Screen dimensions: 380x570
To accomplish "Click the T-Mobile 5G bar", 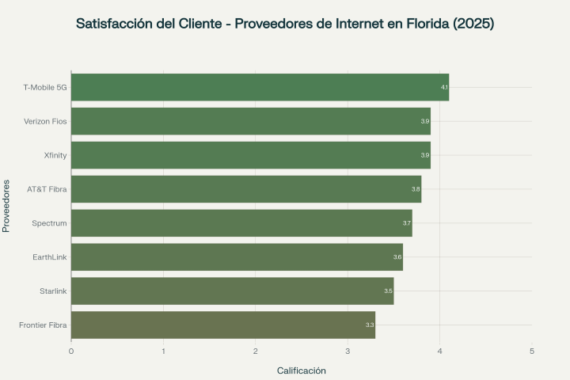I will pos(260,87).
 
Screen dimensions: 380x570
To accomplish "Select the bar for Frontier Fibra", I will pos(223,325).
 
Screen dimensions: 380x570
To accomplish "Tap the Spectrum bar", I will pos(241,223).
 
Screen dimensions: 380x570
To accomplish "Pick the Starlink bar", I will pos(232,291).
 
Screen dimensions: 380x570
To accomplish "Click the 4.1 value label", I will pos(444,87).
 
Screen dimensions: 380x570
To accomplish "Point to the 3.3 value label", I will pos(370,325).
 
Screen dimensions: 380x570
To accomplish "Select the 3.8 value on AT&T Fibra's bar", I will pos(416,189).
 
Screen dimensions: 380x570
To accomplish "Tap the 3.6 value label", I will pos(397,257).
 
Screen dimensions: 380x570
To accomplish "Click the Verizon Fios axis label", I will pos(45,121).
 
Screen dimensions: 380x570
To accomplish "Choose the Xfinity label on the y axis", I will pos(55,155).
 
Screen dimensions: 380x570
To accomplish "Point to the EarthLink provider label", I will pos(50,257).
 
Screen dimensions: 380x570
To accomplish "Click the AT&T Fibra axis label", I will pos(47,189).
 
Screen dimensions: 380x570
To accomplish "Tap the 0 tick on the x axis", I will pos(71,351).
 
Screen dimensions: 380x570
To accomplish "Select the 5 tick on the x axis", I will pos(532,351).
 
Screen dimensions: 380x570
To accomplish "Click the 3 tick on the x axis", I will pos(348,351).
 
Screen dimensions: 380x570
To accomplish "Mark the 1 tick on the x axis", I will pos(163,351).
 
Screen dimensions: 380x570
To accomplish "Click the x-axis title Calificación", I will pos(301,370).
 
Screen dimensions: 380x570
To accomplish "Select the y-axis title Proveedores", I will pos(6,206).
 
